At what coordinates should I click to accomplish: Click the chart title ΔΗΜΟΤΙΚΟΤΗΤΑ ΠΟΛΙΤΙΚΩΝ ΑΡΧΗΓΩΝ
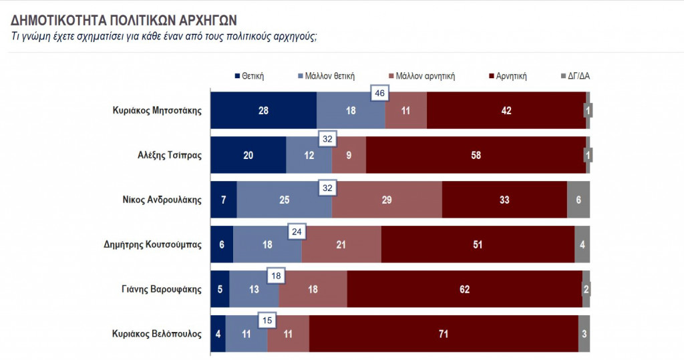124,19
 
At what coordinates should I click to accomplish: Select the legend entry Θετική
250,76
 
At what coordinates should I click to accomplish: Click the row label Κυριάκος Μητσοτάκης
157,110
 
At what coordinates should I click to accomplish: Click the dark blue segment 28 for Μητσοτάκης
263,110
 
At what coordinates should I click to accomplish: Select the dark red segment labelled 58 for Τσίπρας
476,156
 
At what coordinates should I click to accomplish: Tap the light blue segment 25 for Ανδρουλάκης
284,200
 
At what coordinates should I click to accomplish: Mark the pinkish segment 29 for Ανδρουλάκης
387,200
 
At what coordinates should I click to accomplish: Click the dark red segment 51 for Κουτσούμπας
478,244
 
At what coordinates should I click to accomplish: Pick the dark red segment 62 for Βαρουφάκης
465,289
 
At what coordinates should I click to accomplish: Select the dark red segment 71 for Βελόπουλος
444,333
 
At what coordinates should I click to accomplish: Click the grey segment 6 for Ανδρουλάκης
578,200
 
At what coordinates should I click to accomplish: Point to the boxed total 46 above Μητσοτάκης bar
379,94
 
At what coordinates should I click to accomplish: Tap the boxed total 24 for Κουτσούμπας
297,232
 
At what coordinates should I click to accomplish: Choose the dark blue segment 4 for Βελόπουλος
218,333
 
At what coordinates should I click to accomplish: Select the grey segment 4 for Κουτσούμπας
582,244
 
